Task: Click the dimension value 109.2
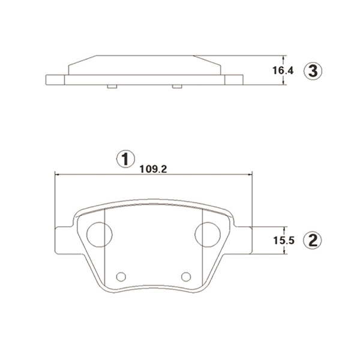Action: tap(152, 169)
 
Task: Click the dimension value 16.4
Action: tap(283, 70)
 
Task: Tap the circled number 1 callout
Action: tap(124, 159)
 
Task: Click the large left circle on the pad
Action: tap(99, 233)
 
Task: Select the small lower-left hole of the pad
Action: tap(121, 276)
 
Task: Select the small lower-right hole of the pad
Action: tap(186, 276)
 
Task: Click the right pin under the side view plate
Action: tap(176, 87)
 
